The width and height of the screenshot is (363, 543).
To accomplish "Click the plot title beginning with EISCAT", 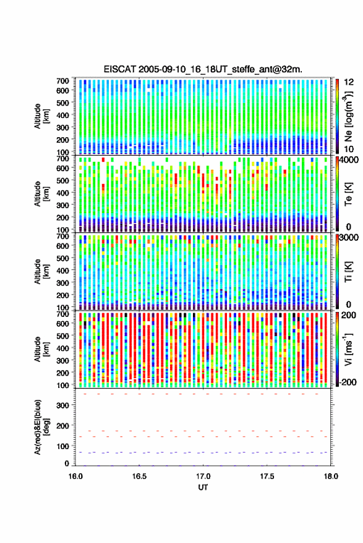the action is (x=203, y=69).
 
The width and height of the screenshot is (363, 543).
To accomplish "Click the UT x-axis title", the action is (x=203, y=487).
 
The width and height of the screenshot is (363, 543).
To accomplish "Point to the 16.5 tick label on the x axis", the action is (x=139, y=476).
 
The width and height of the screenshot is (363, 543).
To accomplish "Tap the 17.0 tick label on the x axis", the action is (x=203, y=476).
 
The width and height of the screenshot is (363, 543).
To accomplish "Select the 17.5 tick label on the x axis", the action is (x=267, y=476).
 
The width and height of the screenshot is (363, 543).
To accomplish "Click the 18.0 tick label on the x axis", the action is (x=331, y=476).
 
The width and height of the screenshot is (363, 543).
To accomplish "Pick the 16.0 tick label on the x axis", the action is (x=75, y=476).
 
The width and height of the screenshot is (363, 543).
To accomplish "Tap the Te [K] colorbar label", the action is (x=348, y=194).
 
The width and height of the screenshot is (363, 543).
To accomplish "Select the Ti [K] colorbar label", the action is (x=348, y=272).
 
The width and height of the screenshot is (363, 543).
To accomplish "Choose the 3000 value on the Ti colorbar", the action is (x=349, y=237).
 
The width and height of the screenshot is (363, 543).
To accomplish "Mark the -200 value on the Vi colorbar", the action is (x=348, y=382).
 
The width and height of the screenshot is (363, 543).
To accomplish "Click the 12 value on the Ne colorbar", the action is (x=349, y=82).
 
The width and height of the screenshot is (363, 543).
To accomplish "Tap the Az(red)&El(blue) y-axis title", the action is (x=41, y=427).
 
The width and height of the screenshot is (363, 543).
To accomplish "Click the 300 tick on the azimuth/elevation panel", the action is (x=62, y=405).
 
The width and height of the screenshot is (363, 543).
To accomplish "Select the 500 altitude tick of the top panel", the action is (x=62, y=103).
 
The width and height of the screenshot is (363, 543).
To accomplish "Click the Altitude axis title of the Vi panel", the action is (x=41, y=349).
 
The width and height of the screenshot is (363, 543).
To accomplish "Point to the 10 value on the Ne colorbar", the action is (x=349, y=149).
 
